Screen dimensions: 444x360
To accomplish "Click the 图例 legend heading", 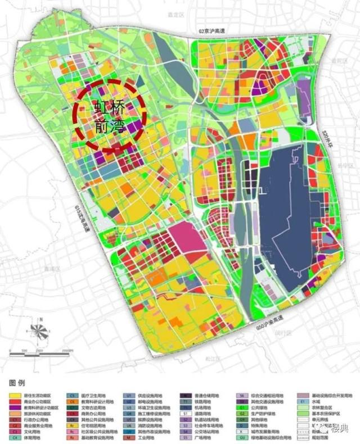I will [17, 382].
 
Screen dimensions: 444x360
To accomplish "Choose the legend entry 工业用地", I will [150, 436].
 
